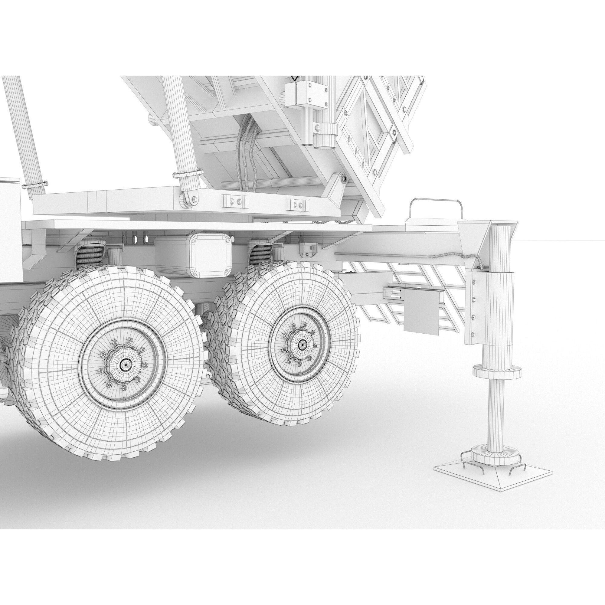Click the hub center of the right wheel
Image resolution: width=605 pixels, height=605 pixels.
click(302, 345)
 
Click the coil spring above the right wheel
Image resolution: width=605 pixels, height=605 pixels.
click(261, 255)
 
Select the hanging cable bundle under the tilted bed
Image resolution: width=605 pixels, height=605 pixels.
click(247, 150)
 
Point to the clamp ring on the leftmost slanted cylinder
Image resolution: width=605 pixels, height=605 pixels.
click(34, 185)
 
